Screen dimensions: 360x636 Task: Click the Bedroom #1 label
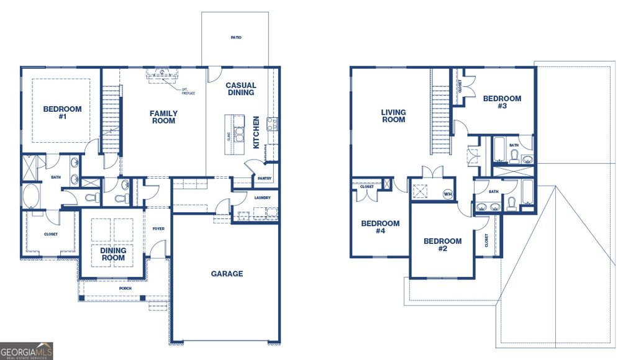[62, 113]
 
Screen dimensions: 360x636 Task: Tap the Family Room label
[163, 117]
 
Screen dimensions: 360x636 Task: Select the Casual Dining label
[240, 89]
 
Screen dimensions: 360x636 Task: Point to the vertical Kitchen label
[256, 132]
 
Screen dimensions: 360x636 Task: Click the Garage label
[227, 274]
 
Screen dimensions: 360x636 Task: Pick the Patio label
[235, 38]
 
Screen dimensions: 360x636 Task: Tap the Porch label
[125, 288]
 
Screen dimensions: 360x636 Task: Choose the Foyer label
[158, 228]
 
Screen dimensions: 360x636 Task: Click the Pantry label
[264, 178]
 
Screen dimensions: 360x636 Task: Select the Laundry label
[263, 198]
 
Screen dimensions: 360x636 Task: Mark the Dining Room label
[113, 254]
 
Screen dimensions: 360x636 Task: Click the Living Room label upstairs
[393, 117]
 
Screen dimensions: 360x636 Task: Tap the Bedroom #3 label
[502, 102]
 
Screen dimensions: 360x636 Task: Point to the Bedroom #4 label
[380, 228]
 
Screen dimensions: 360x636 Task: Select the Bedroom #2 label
[442, 245]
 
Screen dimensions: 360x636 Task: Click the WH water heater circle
[447, 194]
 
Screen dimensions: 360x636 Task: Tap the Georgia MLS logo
[27, 351]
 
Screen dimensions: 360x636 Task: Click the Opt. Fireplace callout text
[189, 91]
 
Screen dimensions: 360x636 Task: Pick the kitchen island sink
[238, 132]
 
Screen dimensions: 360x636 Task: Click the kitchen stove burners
[271, 124]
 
